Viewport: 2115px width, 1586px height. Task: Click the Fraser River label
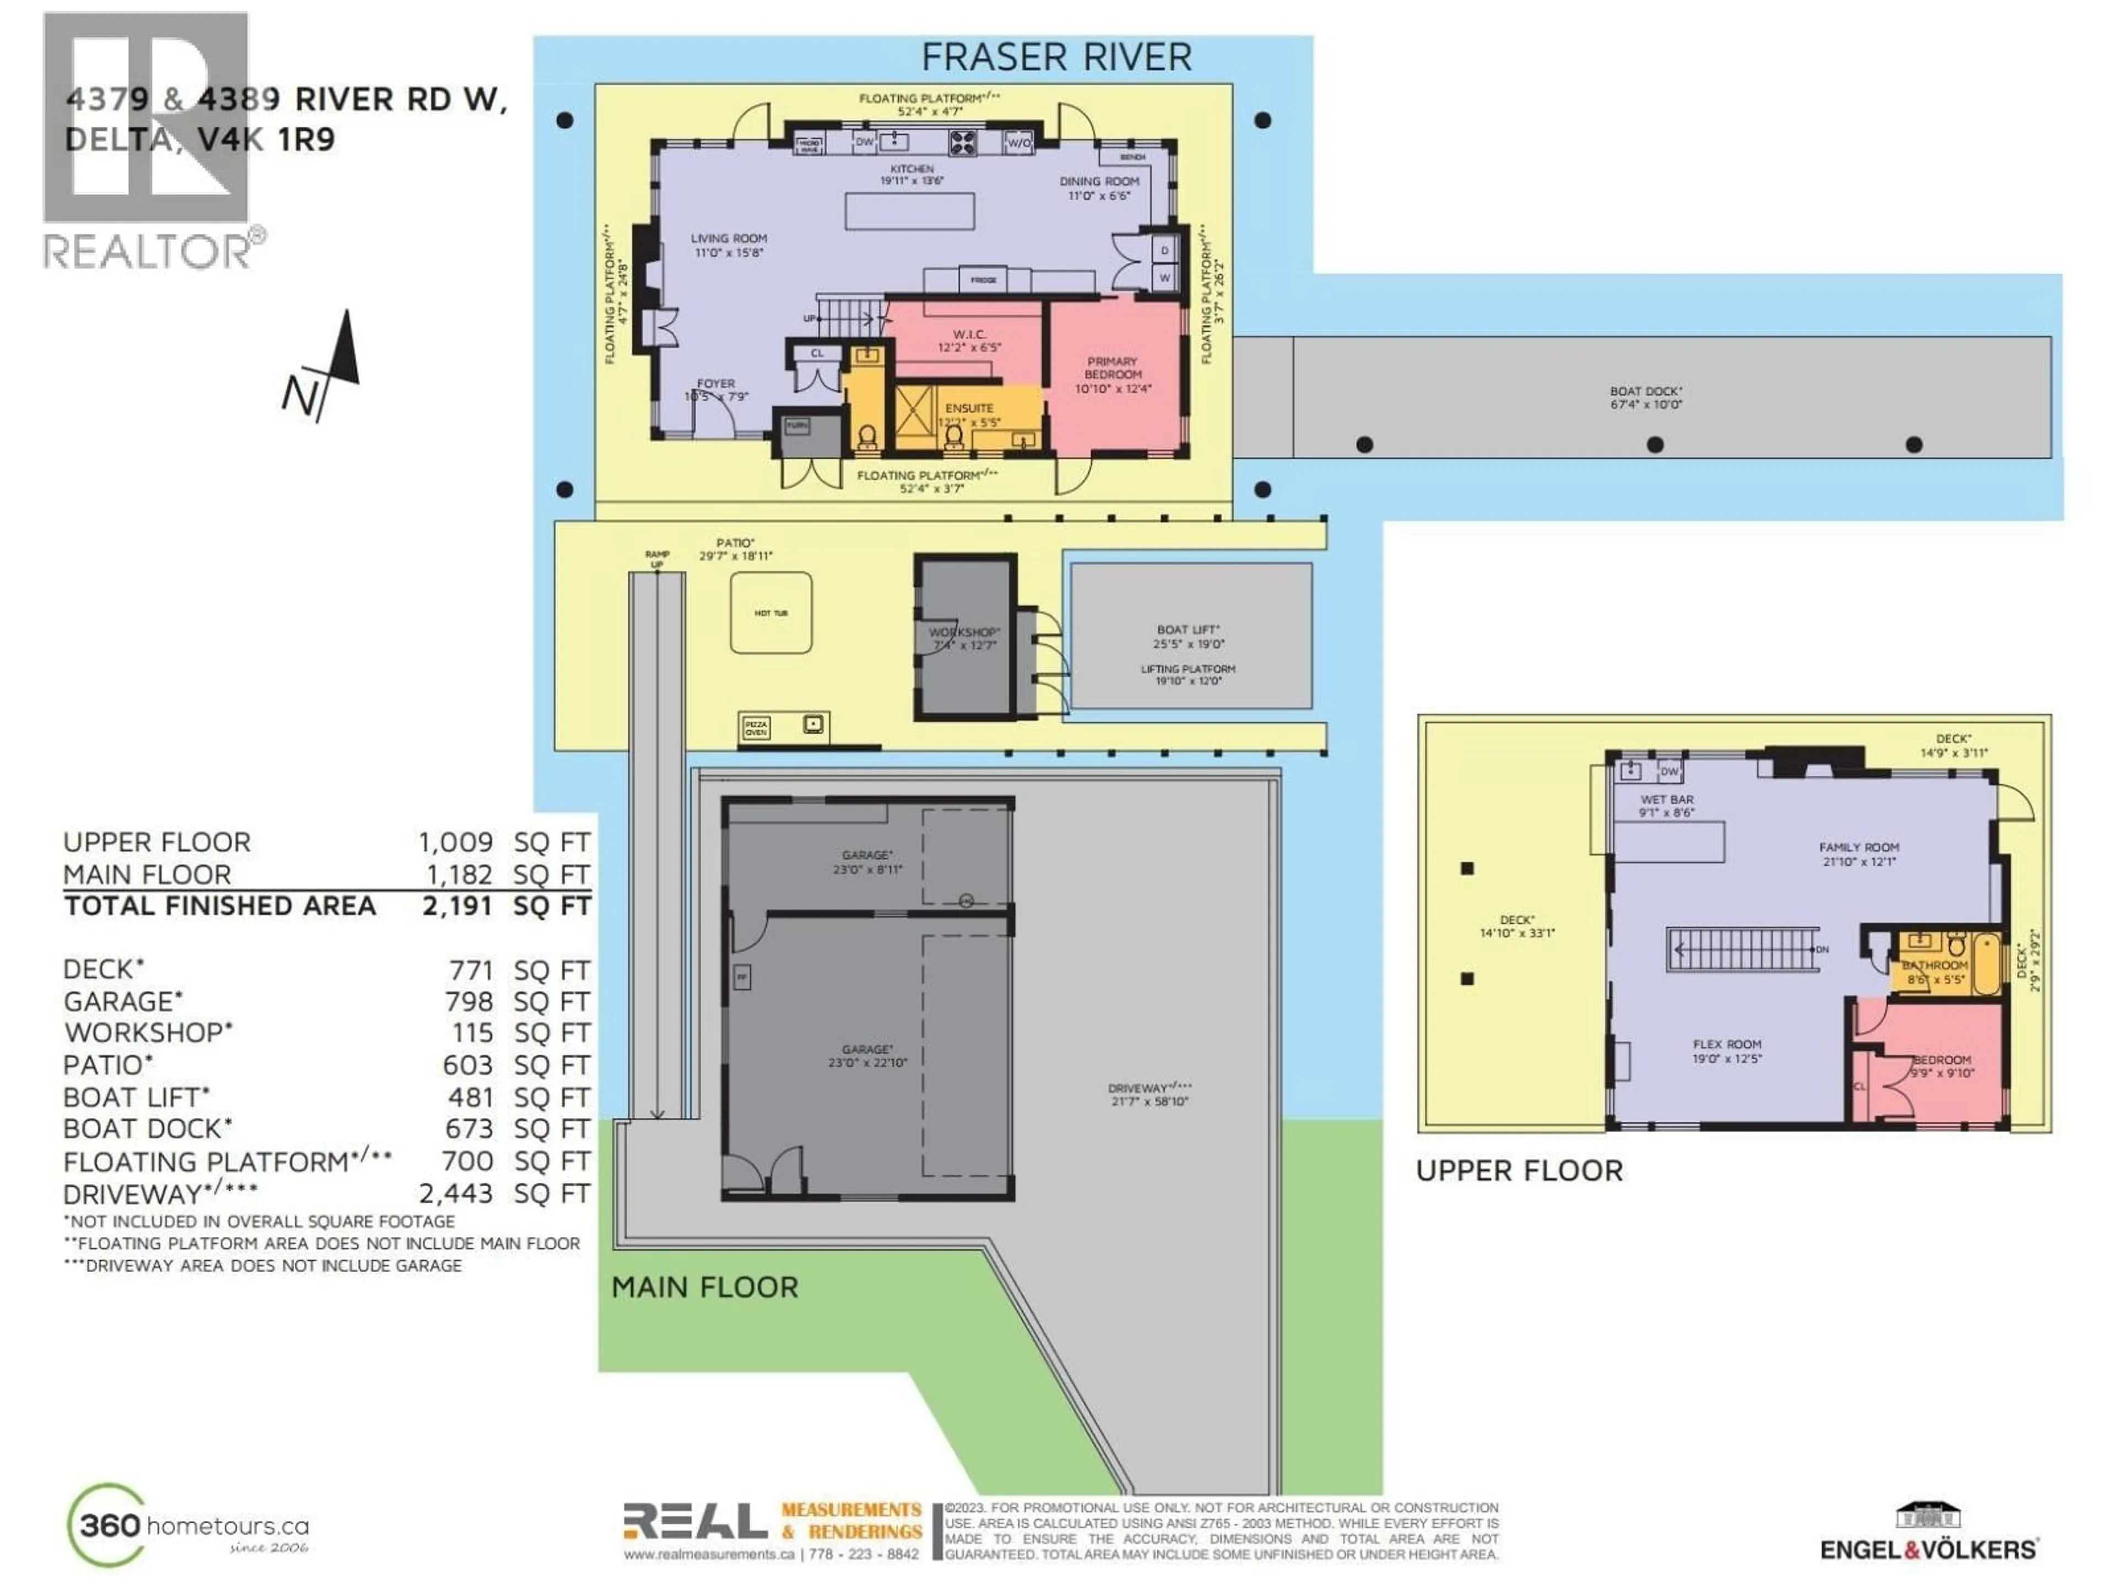(1056, 57)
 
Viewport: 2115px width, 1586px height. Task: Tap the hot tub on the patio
(771, 613)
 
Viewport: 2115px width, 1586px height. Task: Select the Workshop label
(964, 638)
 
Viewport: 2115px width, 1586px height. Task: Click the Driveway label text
(1150, 1094)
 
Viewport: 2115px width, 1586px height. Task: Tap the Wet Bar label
(1667, 806)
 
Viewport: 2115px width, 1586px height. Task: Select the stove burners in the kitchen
(962, 143)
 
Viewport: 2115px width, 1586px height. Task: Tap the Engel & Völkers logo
(1928, 1534)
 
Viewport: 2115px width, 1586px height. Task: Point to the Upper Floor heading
(1519, 1171)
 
